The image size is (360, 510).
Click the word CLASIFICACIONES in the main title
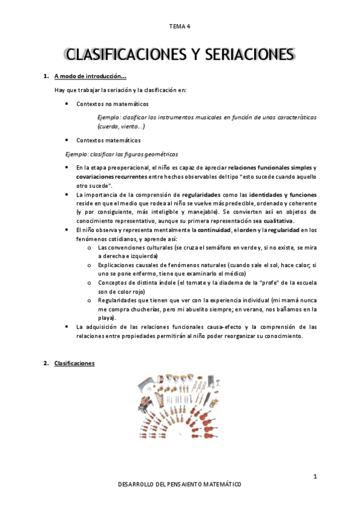[123, 55]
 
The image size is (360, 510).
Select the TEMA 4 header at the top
[180, 26]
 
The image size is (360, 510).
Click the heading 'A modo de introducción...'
[90, 76]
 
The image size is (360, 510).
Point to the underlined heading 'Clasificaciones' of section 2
[74, 363]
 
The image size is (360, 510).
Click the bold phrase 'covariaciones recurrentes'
[111, 177]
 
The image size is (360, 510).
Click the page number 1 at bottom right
[314, 477]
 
